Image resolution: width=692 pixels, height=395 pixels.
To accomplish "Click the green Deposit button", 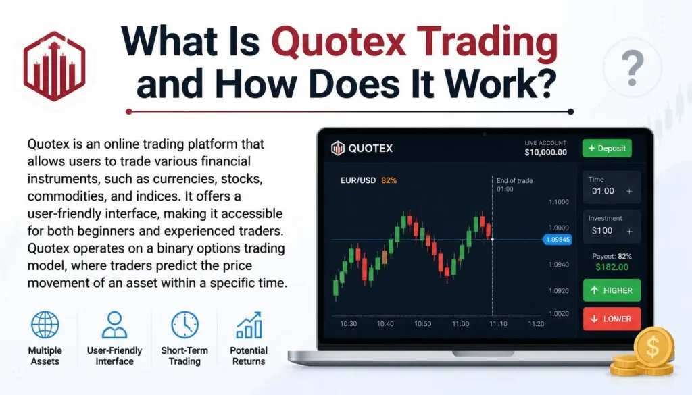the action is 607,148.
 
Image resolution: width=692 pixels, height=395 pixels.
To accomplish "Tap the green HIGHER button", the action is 612,290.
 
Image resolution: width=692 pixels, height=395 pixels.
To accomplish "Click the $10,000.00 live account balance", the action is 545,152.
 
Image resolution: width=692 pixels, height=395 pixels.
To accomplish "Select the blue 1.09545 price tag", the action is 558,240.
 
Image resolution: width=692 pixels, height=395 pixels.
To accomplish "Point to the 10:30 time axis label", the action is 348,323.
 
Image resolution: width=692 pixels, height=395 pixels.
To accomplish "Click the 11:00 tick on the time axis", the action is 460,323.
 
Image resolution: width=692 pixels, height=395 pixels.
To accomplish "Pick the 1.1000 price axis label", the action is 559,202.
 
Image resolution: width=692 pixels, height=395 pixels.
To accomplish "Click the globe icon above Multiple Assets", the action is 45,325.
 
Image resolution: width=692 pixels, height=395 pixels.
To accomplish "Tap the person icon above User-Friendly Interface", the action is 114,325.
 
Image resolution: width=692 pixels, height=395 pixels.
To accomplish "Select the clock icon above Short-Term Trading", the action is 185,325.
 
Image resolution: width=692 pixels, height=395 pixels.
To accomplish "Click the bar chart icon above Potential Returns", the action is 249,325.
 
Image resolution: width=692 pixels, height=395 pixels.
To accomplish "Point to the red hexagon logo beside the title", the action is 54,66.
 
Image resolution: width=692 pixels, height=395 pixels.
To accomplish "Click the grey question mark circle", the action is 633,68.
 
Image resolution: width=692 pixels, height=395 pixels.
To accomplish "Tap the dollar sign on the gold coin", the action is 653,347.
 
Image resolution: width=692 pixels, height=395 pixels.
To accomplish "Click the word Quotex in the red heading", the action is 338,42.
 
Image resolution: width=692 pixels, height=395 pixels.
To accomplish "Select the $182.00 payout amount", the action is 612,267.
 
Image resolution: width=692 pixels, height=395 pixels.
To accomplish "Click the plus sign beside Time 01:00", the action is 629,191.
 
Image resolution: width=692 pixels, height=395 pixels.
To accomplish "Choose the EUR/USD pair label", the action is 358,180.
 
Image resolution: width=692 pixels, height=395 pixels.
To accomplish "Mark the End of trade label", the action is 514,180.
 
